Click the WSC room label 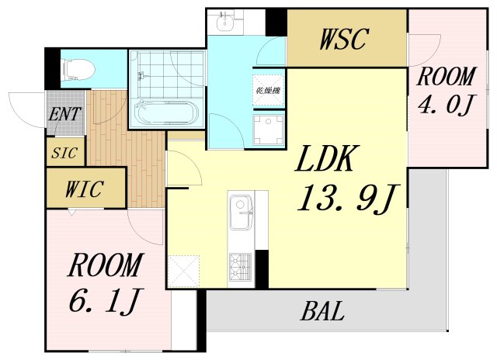coord(344,39)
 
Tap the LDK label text coord(327,158)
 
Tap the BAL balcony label coord(323,311)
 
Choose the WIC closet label coord(85,189)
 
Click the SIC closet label coord(64,154)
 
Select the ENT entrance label coord(65,114)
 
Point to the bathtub coord(166,114)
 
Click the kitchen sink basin coord(241,212)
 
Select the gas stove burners coord(240,267)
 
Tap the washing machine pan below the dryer coord(269,130)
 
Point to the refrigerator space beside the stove coord(183,272)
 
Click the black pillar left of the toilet coord(53,69)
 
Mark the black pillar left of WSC coord(276,22)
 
